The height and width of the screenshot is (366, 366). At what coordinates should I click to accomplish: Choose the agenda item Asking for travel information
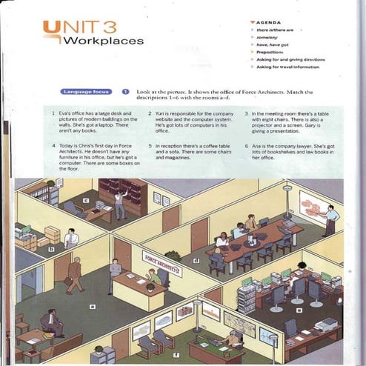pyautogui.click(x=291, y=67)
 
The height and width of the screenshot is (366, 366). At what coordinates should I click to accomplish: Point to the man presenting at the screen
pyautogui.click(x=331, y=221)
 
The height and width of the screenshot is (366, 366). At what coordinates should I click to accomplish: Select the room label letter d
pyautogui.click(x=196, y=260)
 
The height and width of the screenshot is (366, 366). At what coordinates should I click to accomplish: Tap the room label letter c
pyautogui.click(x=86, y=200)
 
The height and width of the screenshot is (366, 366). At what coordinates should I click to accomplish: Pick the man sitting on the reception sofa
pyautogui.click(x=51, y=323)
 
